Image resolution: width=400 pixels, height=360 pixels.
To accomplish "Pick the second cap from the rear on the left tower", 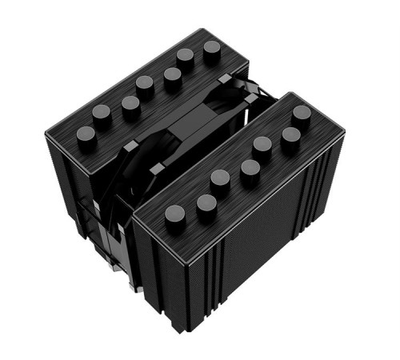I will [x=186, y=56].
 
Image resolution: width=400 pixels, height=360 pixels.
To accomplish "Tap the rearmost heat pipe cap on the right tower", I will [x=302, y=114].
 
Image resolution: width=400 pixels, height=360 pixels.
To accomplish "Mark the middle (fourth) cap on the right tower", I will [x=250, y=168].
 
